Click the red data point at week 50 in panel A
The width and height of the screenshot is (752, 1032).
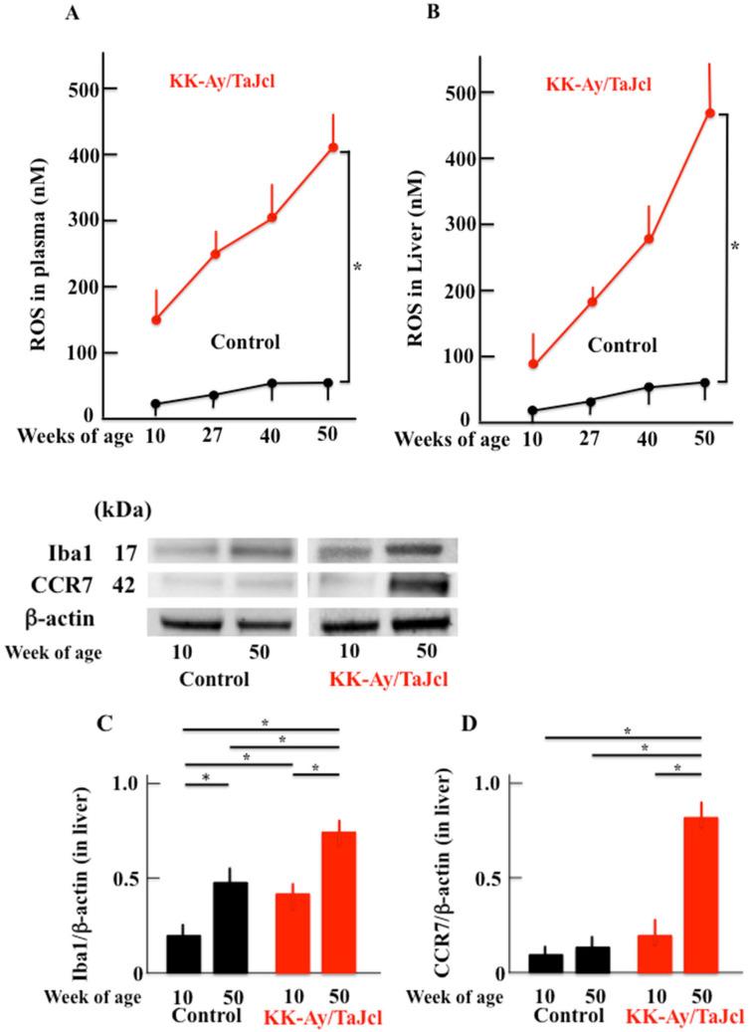click(x=333, y=148)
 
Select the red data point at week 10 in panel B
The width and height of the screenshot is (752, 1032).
click(x=533, y=364)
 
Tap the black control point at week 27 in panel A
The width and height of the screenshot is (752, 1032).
click(x=214, y=395)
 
